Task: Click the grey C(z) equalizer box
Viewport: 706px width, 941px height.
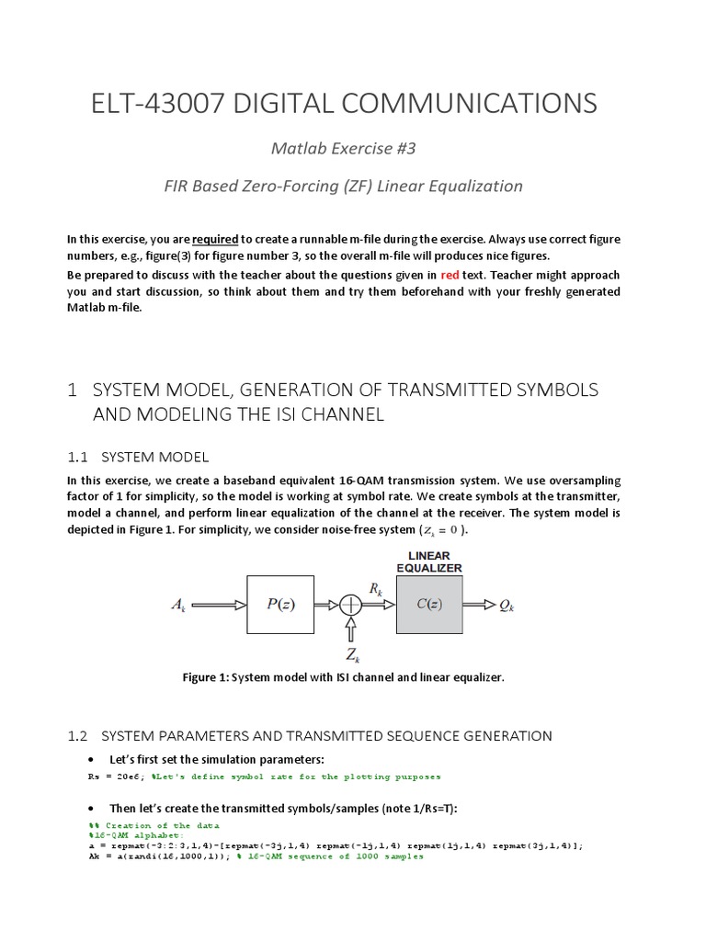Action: point(429,605)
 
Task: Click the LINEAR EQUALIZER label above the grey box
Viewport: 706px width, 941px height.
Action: point(429,561)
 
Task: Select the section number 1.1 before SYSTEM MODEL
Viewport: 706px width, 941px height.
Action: point(77,457)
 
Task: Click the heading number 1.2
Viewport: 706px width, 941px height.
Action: point(77,735)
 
